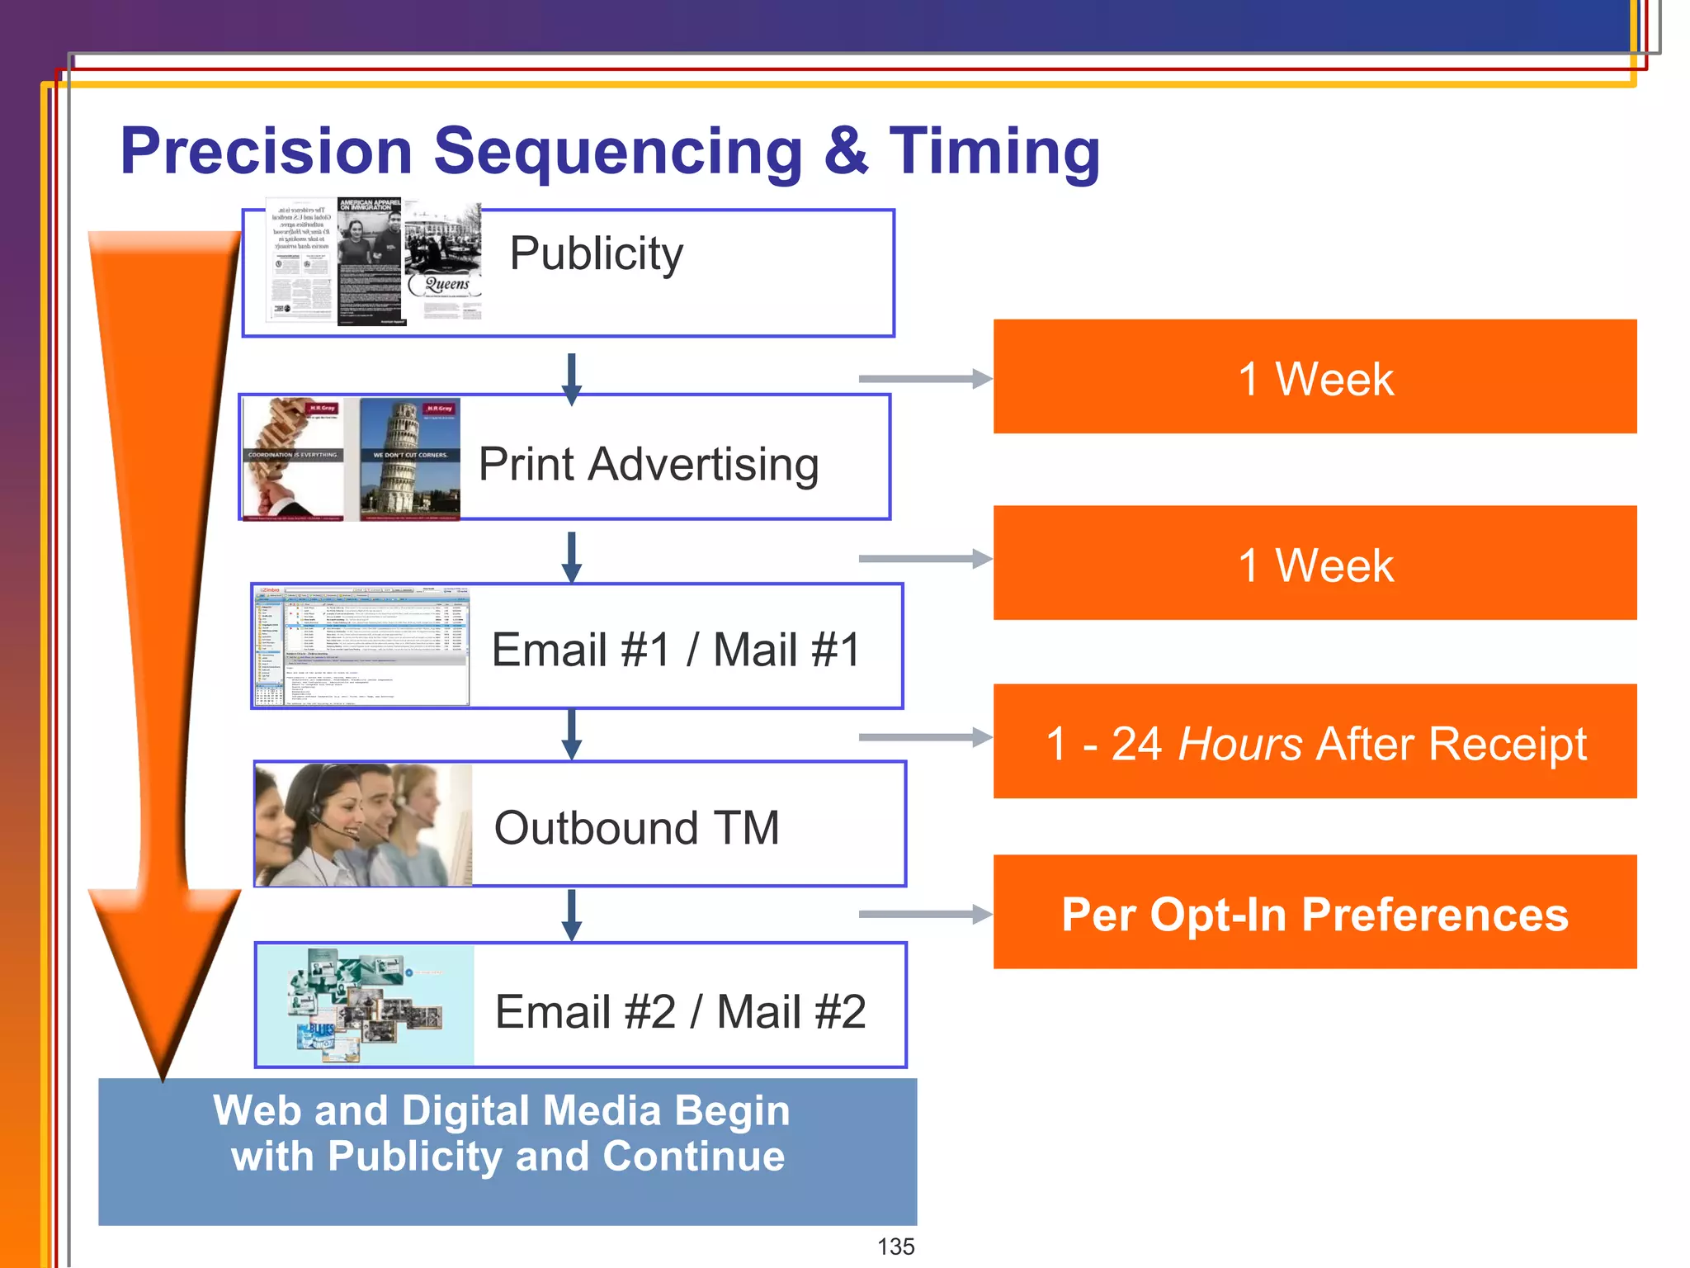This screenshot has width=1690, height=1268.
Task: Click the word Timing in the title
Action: point(994,152)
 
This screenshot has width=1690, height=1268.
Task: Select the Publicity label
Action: point(596,253)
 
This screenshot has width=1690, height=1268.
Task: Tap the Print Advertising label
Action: point(649,464)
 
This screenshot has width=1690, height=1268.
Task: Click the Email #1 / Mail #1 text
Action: point(676,650)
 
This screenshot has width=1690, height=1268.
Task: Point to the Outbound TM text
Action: point(636,828)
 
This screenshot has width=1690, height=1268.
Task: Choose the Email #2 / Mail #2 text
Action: point(680,1012)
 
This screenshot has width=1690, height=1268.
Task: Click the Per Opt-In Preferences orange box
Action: point(1315,913)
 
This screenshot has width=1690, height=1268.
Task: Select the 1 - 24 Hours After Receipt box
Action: point(1315,742)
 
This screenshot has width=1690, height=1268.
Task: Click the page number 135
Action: point(895,1247)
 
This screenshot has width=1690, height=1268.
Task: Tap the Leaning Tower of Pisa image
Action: point(409,459)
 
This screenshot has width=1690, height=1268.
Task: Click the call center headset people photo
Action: point(363,825)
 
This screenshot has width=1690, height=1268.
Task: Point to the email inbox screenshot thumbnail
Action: point(361,646)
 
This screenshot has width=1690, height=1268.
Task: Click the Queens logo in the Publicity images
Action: point(446,285)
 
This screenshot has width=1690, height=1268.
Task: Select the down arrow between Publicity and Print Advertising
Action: point(571,379)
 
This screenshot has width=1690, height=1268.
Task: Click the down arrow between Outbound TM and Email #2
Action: point(571,915)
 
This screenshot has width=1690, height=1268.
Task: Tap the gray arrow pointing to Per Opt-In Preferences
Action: point(924,914)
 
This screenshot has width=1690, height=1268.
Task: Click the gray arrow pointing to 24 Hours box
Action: point(924,736)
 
